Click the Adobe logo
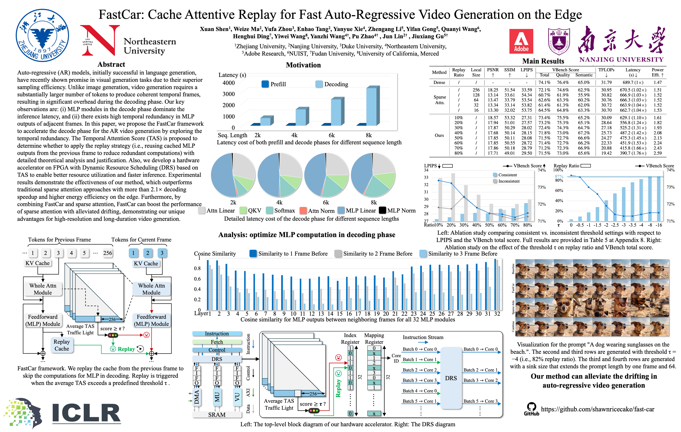click(521, 41)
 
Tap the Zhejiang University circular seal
click(42, 35)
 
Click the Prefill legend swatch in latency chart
click(265, 84)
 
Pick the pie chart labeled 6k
click(326, 175)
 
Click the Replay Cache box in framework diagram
click(62, 345)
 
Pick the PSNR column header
click(493, 70)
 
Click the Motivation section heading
click(303, 65)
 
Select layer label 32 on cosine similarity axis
click(497, 314)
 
